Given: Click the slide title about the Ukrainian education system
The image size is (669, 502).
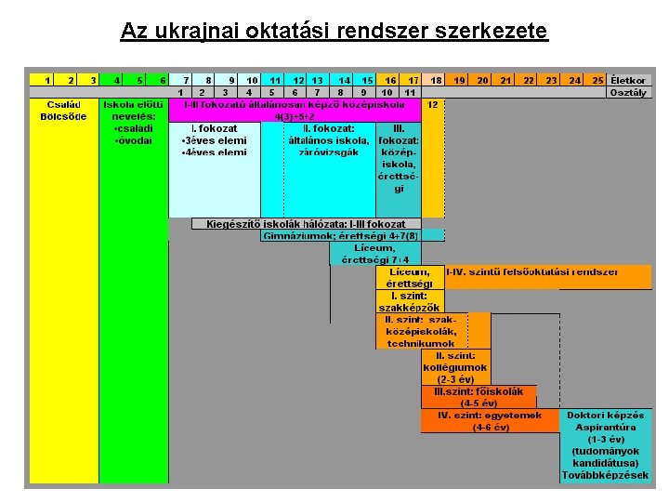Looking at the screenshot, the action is coord(334,31).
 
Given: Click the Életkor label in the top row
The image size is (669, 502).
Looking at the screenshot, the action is coord(630,81).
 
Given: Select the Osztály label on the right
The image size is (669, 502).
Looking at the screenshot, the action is coord(630,92).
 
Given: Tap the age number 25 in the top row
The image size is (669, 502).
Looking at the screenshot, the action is coord(597,81).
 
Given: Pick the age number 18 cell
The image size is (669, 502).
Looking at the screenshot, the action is coord(435,81).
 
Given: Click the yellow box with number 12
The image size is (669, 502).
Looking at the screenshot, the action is coord(433,105).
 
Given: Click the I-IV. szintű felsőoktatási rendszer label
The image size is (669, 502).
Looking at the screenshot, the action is coord(531,271).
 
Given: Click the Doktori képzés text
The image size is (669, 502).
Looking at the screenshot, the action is coord(606,416).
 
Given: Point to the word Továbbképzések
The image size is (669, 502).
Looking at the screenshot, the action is coord(606,475).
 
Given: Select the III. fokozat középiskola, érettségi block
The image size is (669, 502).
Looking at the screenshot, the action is coord(398,158).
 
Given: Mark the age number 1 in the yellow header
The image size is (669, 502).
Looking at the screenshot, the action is coord(47,81).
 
